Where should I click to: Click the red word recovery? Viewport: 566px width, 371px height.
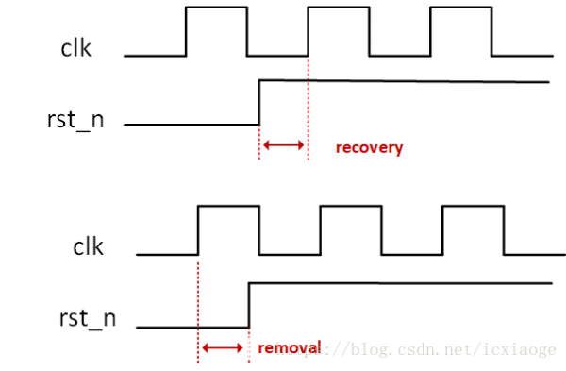click(369, 147)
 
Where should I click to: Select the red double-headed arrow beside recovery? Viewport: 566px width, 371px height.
click(283, 145)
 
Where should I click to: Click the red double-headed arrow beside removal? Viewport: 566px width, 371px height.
click(223, 347)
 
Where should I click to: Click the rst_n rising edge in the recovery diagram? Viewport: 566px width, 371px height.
click(259, 103)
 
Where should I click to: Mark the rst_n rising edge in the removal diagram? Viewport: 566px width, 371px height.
click(248, 304)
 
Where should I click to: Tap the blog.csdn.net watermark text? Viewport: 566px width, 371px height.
click(434, 350)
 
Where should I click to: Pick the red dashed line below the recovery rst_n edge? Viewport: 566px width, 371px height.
click(259, 142)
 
